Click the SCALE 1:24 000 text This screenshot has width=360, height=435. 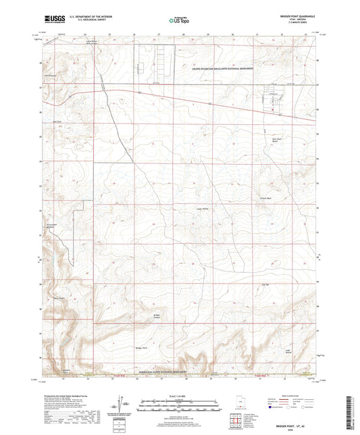point(180,395)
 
